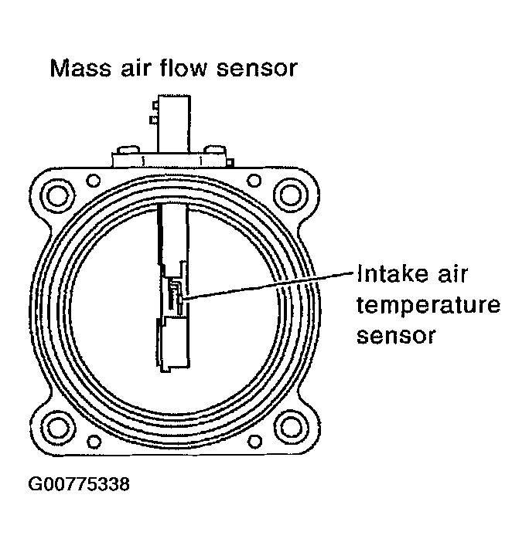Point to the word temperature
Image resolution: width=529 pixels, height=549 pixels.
427,307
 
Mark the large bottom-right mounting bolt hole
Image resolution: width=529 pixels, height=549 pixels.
290,426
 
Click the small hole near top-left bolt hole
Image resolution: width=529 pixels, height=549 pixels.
94,181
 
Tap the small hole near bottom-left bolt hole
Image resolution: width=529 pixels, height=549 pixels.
94,442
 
